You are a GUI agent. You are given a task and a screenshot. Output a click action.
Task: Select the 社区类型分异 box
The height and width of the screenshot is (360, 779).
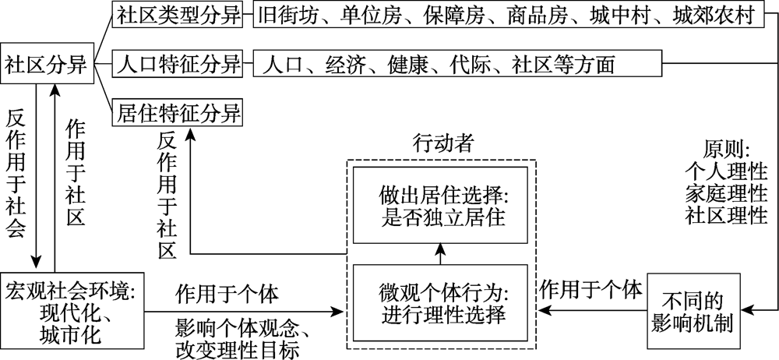[x=178, y=16]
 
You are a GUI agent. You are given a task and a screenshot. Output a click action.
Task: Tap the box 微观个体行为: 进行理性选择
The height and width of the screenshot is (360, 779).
[x=441, y=304]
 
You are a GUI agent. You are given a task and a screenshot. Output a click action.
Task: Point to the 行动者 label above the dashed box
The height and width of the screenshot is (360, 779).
[x=442, y=143]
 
